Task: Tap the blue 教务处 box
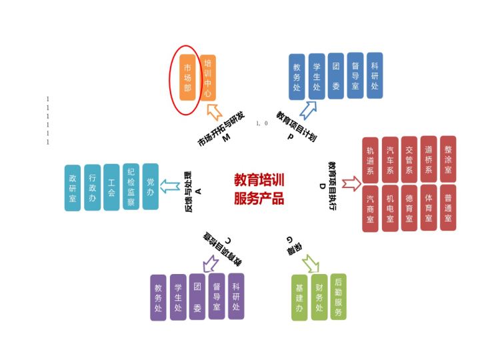coord(297,77)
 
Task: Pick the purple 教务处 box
coord(158,297)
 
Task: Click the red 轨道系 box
coord(370,160)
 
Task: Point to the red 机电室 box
coord(390,208)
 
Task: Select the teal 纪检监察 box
coord(131,187)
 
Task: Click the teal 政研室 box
coord(73,188)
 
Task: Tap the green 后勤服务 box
coord(339,297)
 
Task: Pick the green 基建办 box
coord(299,297)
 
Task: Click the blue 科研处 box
coord(375,75)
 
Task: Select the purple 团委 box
coord(197,297)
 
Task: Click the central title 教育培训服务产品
coord(259,189)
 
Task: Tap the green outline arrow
coord(310,264)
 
